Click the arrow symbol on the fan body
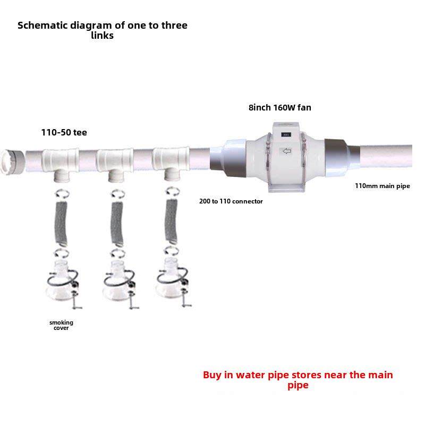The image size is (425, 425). click(x=287, y=152)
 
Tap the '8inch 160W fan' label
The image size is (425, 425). click(x=279, y=107)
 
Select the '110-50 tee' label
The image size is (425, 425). click(x=64, y=133)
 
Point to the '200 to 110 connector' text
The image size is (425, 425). click(x=231, y=201)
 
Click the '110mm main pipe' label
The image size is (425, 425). click(x=382, y=186)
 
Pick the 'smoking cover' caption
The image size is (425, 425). click(x=61, y=325)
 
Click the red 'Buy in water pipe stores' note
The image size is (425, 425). click(x=297, y=380)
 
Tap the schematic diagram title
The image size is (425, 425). click(x=103, y=30)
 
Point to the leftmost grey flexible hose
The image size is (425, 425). click(x=61, y=218)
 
